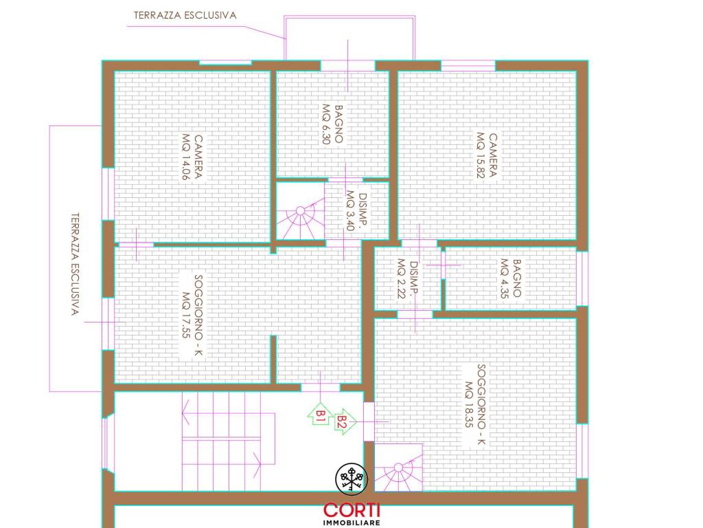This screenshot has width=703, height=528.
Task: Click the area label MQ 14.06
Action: pos(186,157)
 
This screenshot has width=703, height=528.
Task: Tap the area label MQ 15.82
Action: pos(481,155)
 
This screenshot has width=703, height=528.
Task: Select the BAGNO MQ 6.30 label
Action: pos(333,124)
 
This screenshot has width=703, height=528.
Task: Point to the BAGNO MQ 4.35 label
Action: pos(511,278)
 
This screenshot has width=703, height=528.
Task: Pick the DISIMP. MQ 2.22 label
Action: pos(408,279)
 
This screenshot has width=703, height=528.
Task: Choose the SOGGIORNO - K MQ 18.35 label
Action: pos(475,404)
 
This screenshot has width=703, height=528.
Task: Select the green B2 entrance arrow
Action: pos(345,421)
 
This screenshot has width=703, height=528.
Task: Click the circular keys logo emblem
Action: pos(352,478)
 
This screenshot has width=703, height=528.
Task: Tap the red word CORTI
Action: pos(352,510)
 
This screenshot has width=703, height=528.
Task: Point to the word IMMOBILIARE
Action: pos(352,522)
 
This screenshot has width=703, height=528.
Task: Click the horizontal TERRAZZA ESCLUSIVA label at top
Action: pos(185,15)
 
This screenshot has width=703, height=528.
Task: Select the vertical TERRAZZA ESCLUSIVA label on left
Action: pos(76,264)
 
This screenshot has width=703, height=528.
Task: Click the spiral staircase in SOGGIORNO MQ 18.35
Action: pos(399,467)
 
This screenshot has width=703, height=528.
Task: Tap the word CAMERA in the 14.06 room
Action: pos(198,157)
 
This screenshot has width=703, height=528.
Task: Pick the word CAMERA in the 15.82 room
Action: pos(492,155)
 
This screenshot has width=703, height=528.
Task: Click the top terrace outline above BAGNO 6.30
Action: pos(349,17)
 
